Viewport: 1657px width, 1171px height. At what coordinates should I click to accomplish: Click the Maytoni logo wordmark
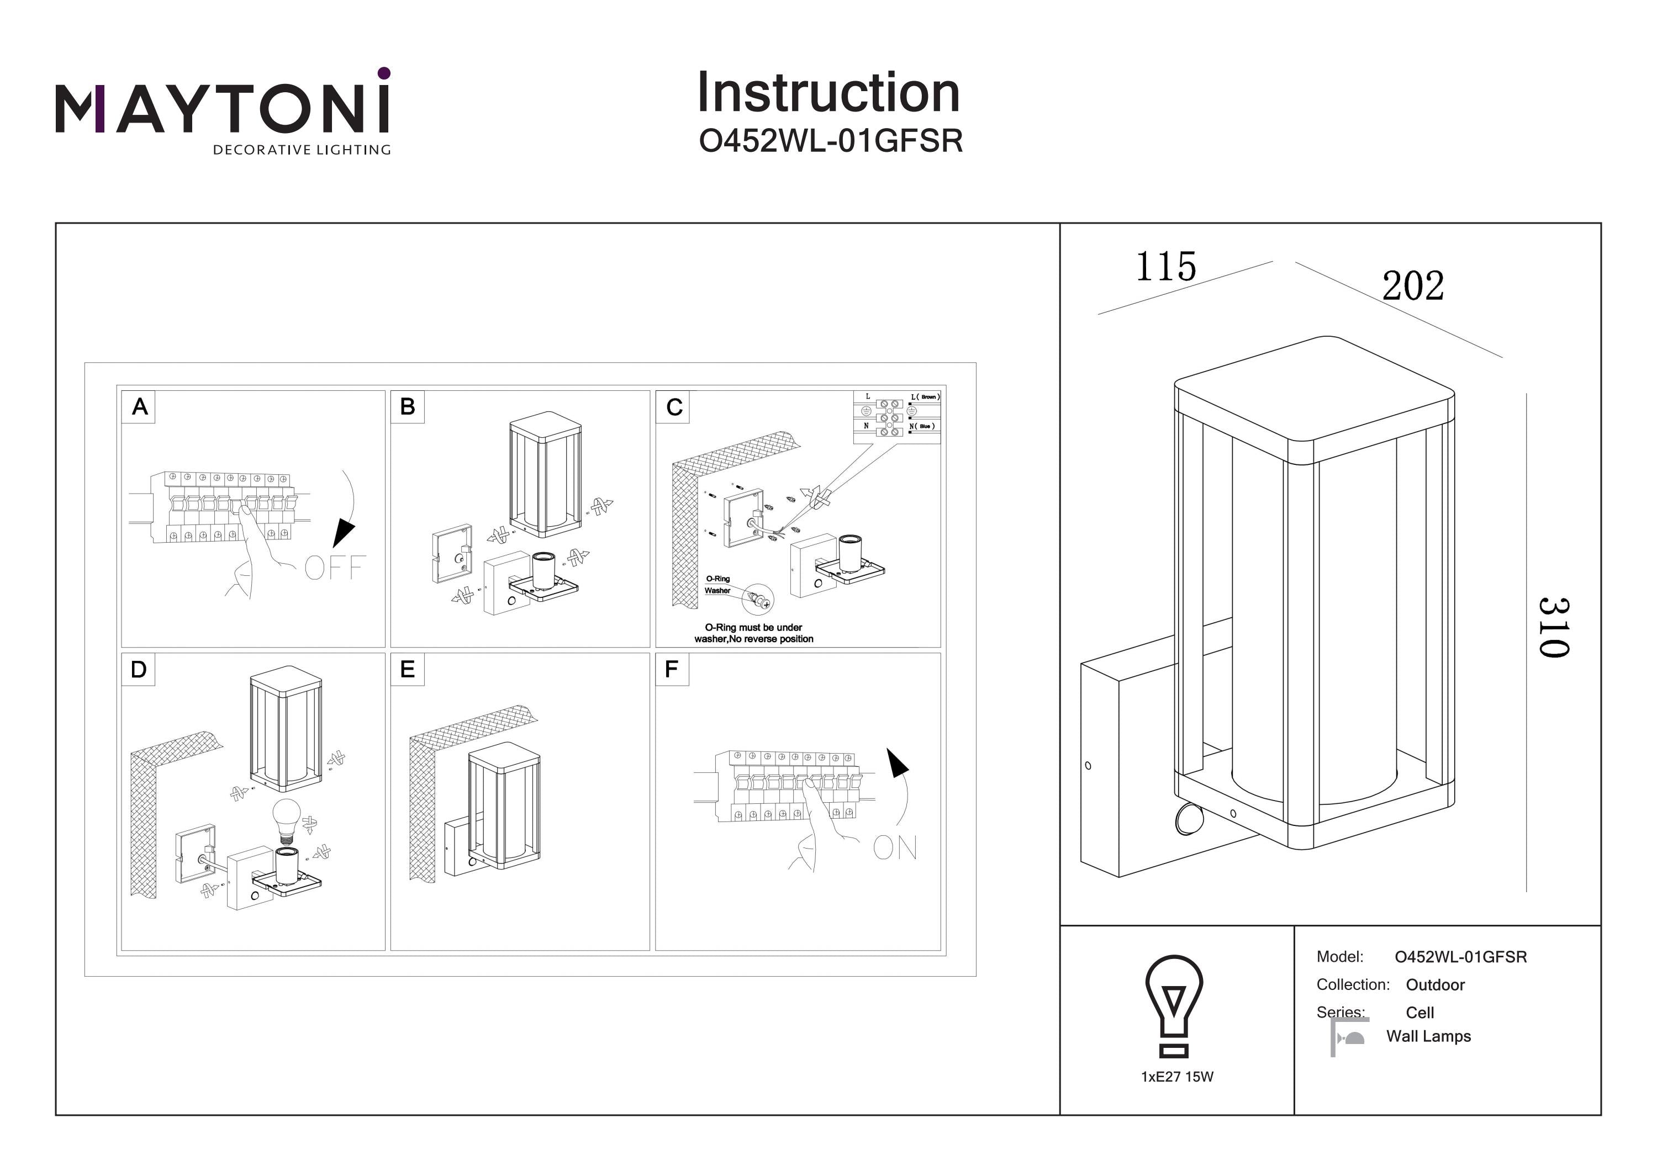(222, 108)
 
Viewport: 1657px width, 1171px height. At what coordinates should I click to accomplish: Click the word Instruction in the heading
(828, 93)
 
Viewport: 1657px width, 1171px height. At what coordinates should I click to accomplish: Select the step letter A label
(139, 407)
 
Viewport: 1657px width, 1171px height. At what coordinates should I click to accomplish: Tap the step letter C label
(674, 407)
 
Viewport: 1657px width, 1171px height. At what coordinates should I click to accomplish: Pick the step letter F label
(671, 670)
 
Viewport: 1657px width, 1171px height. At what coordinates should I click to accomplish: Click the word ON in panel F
(895, 848)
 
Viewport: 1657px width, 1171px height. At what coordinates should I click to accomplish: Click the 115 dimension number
(1165, 267)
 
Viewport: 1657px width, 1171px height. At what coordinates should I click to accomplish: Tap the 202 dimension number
(1413, 286)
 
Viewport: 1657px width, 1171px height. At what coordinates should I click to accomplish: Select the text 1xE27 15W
(1177, 1077)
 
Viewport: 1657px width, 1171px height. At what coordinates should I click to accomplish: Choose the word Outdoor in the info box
(1435, 985)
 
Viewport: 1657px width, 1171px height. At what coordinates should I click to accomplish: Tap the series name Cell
(1419, 1012)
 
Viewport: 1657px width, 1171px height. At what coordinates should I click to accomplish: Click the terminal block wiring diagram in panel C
(896, 417)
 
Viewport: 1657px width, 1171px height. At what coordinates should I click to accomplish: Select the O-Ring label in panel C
(717, 579)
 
